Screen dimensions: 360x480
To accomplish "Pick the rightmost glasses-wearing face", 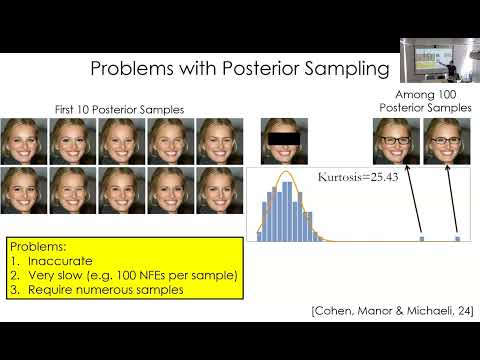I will click(446, 140).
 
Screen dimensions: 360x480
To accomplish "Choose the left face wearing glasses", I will click(396, 140).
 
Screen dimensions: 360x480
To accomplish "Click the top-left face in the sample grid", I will click(25, 140).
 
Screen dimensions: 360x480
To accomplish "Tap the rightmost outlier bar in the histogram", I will click(458, 238).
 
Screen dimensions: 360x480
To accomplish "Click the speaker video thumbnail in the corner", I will click(438, 61).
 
